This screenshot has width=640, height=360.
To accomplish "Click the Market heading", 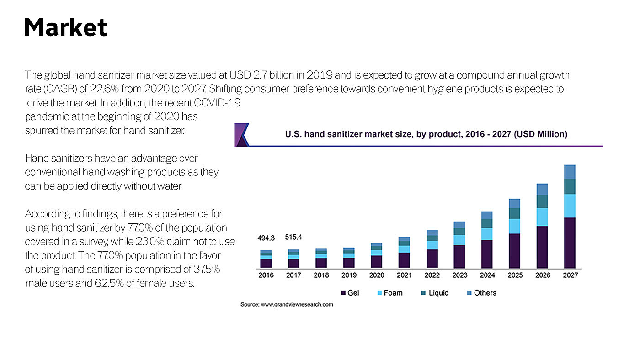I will (65, 27).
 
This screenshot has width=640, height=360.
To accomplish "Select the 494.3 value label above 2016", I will (266, 238).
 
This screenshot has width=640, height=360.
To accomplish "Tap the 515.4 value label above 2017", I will (293, 237).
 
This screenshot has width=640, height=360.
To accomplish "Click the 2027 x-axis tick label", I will (570, 275).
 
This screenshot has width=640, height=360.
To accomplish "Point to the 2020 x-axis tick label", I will (377, 275).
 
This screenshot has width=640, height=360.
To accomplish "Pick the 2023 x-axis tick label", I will (459, 275).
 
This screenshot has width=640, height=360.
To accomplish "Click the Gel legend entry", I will (350, 293).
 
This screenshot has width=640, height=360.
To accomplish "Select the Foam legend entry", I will (389, 293).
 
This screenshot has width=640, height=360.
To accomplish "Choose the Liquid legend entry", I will (435, 293).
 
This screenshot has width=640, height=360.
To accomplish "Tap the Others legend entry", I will (481, 293).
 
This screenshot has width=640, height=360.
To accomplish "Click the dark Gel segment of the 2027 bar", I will (570, 243).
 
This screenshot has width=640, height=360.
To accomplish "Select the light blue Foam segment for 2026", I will (542, 217).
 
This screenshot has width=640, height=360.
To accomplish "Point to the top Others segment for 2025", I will (514, 203).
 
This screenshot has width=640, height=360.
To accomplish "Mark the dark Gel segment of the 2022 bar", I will (432, 259).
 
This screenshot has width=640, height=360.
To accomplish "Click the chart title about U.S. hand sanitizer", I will (426, 134).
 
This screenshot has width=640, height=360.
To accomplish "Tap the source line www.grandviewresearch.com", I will (287, 305).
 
